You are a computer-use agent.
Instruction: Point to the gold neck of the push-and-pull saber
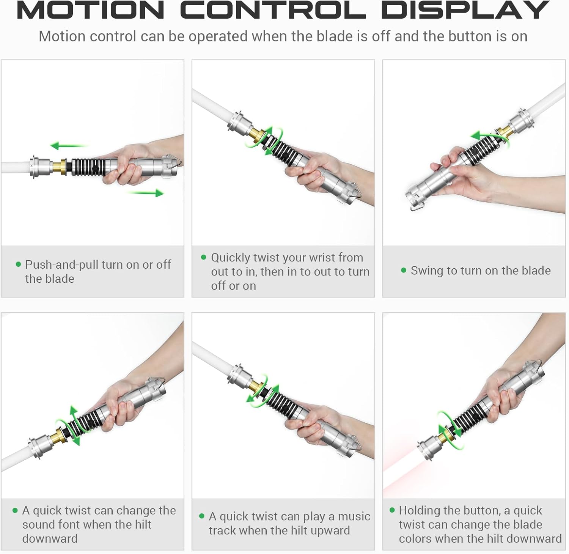59,167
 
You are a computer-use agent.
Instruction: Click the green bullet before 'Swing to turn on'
404,270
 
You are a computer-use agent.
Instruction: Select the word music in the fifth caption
354,516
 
